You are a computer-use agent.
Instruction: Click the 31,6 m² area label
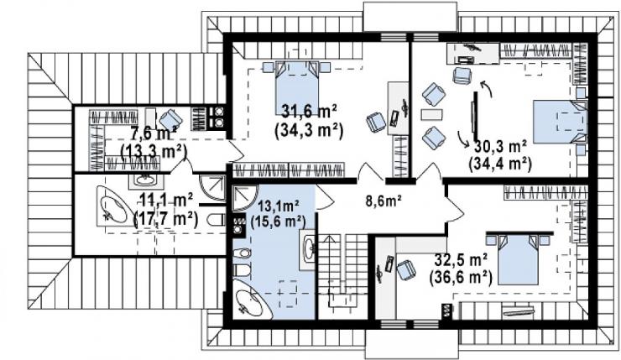[x=309, y=112]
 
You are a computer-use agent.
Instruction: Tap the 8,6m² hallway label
[x=384, y=201]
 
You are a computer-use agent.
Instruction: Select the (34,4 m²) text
[x=499, y=163]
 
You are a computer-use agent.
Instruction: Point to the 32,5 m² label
[x=461, y=260]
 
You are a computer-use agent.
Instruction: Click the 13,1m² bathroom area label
[x=278, y=206]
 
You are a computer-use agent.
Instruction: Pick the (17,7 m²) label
[x=166, y=218]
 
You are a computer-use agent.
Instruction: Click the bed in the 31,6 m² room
[x=297, y=87]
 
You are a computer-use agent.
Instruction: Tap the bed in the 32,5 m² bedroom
[x=518, y=259]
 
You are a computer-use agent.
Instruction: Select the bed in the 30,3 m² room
[x=560, y=122]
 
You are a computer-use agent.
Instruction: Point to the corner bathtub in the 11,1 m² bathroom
[x=115, y=206]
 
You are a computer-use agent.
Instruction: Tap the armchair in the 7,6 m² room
[x=170, y=119]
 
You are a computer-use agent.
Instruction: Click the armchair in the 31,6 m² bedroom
[x=375, y=122]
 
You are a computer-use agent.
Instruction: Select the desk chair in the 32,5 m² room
[x=406, y=269]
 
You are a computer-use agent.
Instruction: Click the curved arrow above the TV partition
[x=487, y=88]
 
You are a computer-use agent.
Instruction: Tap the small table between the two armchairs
[x=431, y=115]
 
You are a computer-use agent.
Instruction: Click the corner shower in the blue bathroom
[x=243, y=198]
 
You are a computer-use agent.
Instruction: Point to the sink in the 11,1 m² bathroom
[x=145, y=180]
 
